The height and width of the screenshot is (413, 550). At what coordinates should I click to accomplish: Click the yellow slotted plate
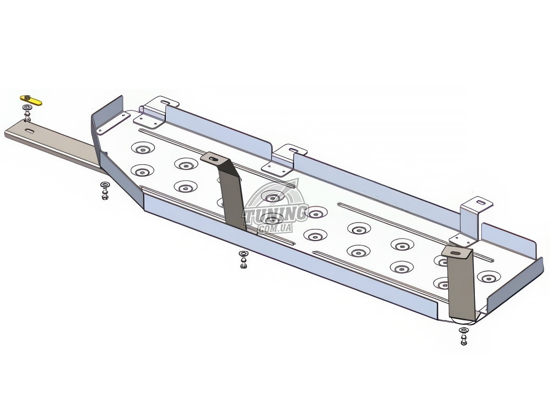tap(31, 100)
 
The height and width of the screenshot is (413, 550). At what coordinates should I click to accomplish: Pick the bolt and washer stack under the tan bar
tap(105, 191)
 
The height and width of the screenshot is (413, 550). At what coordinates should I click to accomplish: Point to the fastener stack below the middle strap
tap(243, 260)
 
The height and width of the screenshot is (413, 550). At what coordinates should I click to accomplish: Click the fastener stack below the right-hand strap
tap(464, 337)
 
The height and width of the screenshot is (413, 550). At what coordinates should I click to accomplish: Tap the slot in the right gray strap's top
tap(456, 254)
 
